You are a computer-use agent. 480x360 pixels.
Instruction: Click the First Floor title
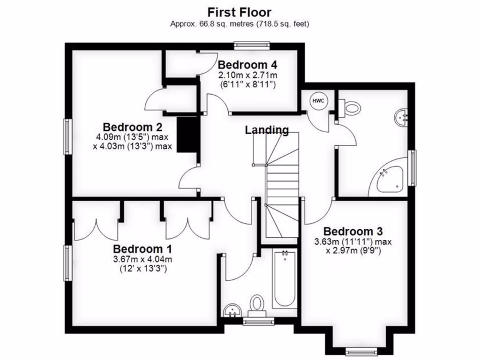(x=240, y=12)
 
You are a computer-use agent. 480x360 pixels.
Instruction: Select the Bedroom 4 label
(x=247, y=65)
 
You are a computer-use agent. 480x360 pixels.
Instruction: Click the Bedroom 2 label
(x=133, y=127)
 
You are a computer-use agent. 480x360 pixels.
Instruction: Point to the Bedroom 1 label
(x=142, y=249)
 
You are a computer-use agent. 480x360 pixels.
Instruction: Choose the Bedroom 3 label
(x=352, y=231)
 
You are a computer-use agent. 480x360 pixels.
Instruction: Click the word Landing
(x=267, y=130)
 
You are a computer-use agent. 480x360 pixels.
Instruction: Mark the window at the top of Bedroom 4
(x=252, y=45)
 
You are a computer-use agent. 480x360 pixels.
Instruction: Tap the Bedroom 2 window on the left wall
(x=68, y=136)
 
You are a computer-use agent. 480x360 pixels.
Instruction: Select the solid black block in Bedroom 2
(x=187, y=134)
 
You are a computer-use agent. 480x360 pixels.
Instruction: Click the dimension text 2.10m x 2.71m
(x=247, y=75)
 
